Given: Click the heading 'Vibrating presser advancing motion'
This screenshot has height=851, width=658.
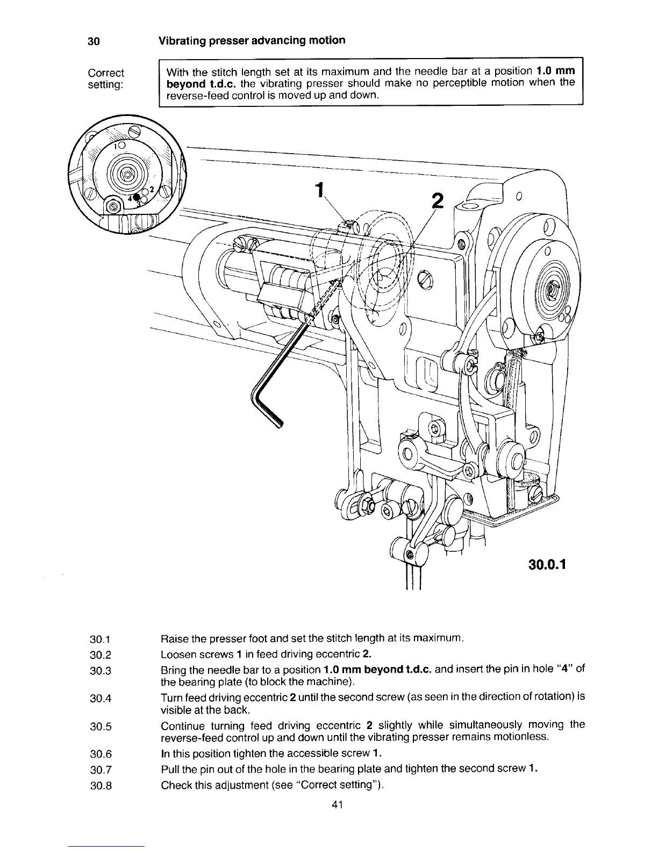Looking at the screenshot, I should pos(252,41).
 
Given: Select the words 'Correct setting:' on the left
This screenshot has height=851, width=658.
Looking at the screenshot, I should pos(106,79).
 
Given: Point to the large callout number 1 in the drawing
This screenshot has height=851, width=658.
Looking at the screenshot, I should pos(321,191).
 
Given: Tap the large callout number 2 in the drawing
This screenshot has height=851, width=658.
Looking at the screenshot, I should pos(438,201).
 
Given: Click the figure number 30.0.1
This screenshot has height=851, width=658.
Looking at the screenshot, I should pos(544,566).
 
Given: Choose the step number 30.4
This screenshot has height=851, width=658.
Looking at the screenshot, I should pos(101,698).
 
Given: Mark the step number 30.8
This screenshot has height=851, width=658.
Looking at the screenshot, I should pos(101,785).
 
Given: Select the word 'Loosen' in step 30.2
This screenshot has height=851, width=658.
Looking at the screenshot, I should pos(175,654).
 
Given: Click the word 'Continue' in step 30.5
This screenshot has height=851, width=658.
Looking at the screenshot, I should pos(181,726).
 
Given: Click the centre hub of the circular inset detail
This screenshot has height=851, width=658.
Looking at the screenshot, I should pos(127,175).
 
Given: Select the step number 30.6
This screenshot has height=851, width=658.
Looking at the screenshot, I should pos(101,756).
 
